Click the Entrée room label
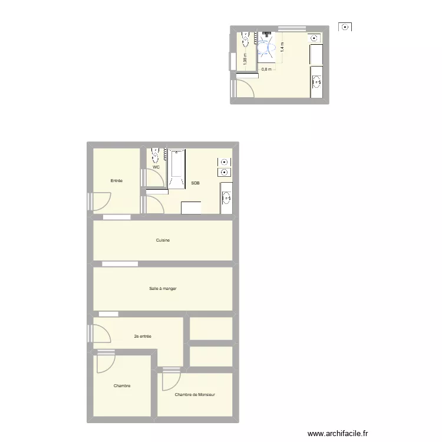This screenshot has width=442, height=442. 117,180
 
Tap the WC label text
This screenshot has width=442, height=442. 156,167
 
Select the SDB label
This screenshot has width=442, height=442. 195,183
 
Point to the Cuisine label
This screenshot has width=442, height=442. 163,240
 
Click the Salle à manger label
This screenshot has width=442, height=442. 163,288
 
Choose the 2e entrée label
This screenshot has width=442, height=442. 143,337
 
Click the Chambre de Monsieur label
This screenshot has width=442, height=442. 195,395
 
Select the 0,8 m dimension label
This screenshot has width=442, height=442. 266,69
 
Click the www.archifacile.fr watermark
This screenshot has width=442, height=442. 337,433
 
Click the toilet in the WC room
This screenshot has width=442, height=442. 156,154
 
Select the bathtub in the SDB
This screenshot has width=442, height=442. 177,169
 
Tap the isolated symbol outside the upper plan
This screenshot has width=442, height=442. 345,27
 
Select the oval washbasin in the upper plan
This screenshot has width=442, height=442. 316,82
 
